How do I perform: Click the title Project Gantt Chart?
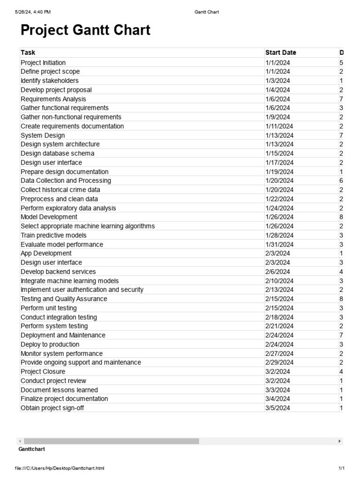85,30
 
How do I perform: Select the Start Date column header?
280,52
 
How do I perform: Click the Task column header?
28,52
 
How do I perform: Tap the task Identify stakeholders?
50,81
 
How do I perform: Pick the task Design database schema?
57,153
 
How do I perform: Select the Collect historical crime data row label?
60,190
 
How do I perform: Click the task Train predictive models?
53,235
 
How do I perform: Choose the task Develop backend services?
58,271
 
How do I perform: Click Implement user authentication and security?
82,290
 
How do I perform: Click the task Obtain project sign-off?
52,408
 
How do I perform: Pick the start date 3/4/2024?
277,398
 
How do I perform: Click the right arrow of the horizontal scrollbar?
339,441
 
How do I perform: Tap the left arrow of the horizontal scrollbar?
20,441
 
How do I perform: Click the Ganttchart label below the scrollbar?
31,449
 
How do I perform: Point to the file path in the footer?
60,468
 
